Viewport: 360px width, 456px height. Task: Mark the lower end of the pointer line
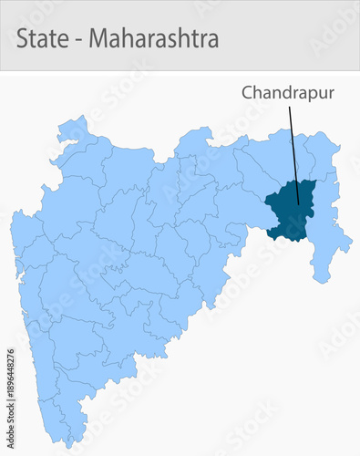(x=298, y=202)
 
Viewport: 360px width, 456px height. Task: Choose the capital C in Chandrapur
(x=247, y=93)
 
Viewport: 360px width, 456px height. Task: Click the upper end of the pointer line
(x=290, y=107)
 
